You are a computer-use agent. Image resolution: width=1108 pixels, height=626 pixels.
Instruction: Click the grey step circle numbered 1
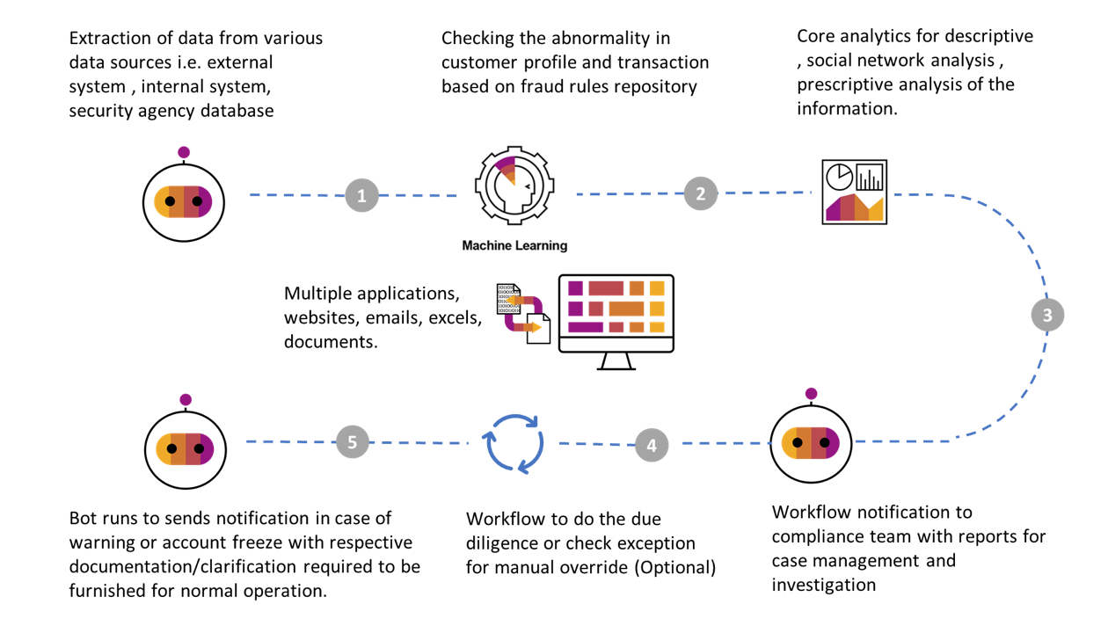click(361, 195)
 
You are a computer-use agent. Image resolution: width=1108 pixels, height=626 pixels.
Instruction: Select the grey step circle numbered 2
click(700, 193)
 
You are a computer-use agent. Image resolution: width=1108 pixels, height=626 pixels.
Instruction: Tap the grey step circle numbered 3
click(1046, 315)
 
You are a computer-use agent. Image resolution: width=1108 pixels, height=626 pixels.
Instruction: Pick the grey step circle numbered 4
click(651, 445)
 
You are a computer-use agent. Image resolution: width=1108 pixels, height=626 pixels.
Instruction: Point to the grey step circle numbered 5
click(353, 441)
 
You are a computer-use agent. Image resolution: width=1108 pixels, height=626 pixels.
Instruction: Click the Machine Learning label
click(514, 246)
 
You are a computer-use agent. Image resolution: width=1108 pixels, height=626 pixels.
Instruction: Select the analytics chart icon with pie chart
click(854, 192)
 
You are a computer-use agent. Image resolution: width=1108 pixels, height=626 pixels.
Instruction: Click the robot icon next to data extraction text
click(183, 200)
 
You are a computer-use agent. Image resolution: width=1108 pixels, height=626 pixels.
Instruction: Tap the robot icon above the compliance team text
click(811, 441)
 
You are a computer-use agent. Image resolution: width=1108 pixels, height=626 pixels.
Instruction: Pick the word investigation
click(824, 585)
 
